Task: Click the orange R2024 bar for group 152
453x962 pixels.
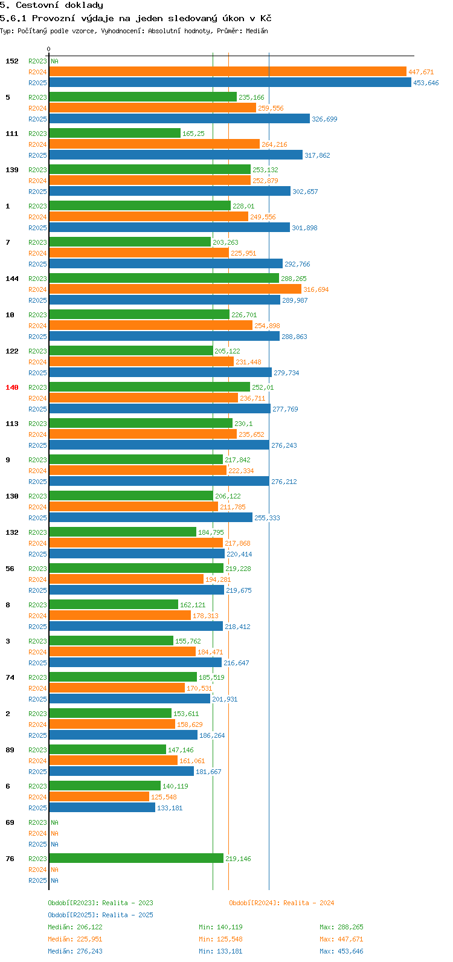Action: (x=227, y=72)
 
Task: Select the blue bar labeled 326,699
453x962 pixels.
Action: (x=179, y=119)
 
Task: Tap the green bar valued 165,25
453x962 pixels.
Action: (x=115, y=134)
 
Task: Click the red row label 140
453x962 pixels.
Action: (x=12, y=387)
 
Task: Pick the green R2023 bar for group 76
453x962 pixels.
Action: (x=136, y=859)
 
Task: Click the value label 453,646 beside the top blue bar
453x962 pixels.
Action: (x=426, y=83)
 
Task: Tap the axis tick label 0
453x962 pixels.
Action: (x=49, y=49)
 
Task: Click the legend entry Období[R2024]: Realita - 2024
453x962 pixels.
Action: (x=281, y=903)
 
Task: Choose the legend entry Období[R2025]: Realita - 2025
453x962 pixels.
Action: (x=100, y=915)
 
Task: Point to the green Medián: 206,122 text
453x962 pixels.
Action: (x=75, y=927)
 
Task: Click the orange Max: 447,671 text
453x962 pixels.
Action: (x=341, y=939)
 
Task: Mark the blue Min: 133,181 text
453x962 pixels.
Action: (x=220, y=951)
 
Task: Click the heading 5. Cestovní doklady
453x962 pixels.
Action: (x=51, y=5)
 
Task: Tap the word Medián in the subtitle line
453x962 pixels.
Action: (x=256, y=31)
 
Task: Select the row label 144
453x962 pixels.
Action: (x=12, y=279)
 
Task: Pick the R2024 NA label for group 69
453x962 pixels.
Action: (x=54, y=833)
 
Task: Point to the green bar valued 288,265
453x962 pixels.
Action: (x=164, y=279)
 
